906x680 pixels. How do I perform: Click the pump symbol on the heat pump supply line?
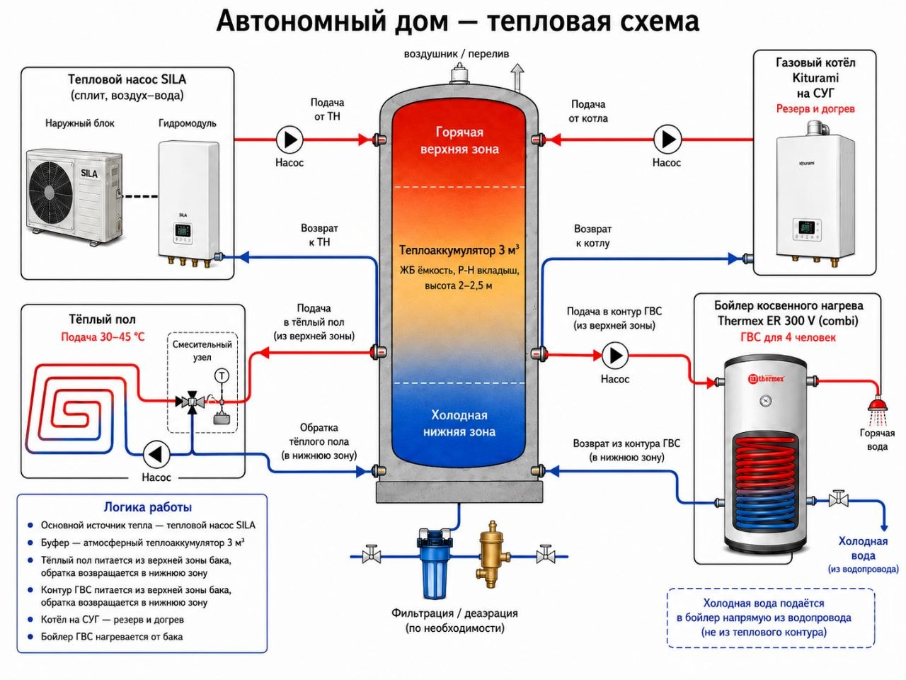coord(289,140)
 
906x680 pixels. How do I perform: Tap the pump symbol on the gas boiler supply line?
coord(667,140)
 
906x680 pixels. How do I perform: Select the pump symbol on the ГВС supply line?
coord(615,355)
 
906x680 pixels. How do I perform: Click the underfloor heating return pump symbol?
coord(156,455)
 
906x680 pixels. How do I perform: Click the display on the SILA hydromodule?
coord(183,230)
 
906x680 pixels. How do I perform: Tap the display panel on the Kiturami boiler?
coord(806,227)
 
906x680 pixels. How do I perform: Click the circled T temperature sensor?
coord(222,375)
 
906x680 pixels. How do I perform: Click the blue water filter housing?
coord(433,564)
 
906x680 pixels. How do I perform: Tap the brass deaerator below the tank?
coord(491,554)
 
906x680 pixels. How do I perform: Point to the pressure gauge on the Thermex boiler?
coord(766,400)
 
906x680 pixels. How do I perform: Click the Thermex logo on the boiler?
coord(766,378)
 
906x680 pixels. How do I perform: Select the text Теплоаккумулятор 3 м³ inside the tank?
coord(459,250)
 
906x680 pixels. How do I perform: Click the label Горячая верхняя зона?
coord(459,140)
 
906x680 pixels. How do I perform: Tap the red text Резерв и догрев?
coord(815,109)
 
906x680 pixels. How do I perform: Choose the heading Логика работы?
coord(147,507)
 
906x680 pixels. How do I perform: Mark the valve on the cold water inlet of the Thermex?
coord(838,499)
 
